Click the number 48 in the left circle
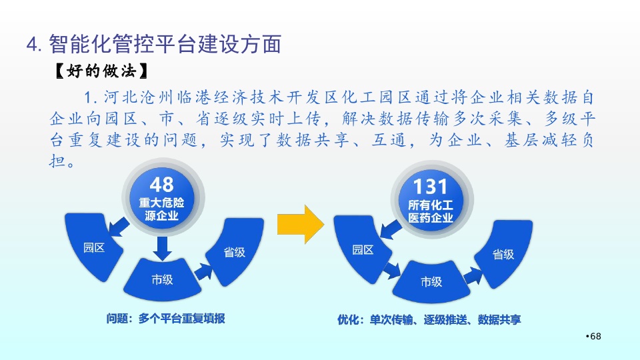[x=161, y=185]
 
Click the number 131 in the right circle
[x=430, y=187]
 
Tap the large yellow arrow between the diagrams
[x=301, y=225]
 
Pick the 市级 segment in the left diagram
[x=163, y=280]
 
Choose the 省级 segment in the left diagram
[x=235, y=251]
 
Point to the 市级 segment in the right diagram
[x=431, y=282]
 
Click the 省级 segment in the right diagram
[x=504, y=254]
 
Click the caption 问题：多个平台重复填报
[x=166, y=319]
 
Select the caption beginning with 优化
[x=429, y=319]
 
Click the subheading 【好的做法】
[x=101, y=71]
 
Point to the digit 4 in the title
[x=32, y=45]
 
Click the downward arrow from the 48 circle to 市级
[x=163, y=248]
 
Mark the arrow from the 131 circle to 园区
[x=391, y=230]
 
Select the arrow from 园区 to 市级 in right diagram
[x=391, y=270]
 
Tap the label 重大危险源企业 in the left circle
[x=161, y=209]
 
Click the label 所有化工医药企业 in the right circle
[x=431, y=211]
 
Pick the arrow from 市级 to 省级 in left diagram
[x=204, y=272]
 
